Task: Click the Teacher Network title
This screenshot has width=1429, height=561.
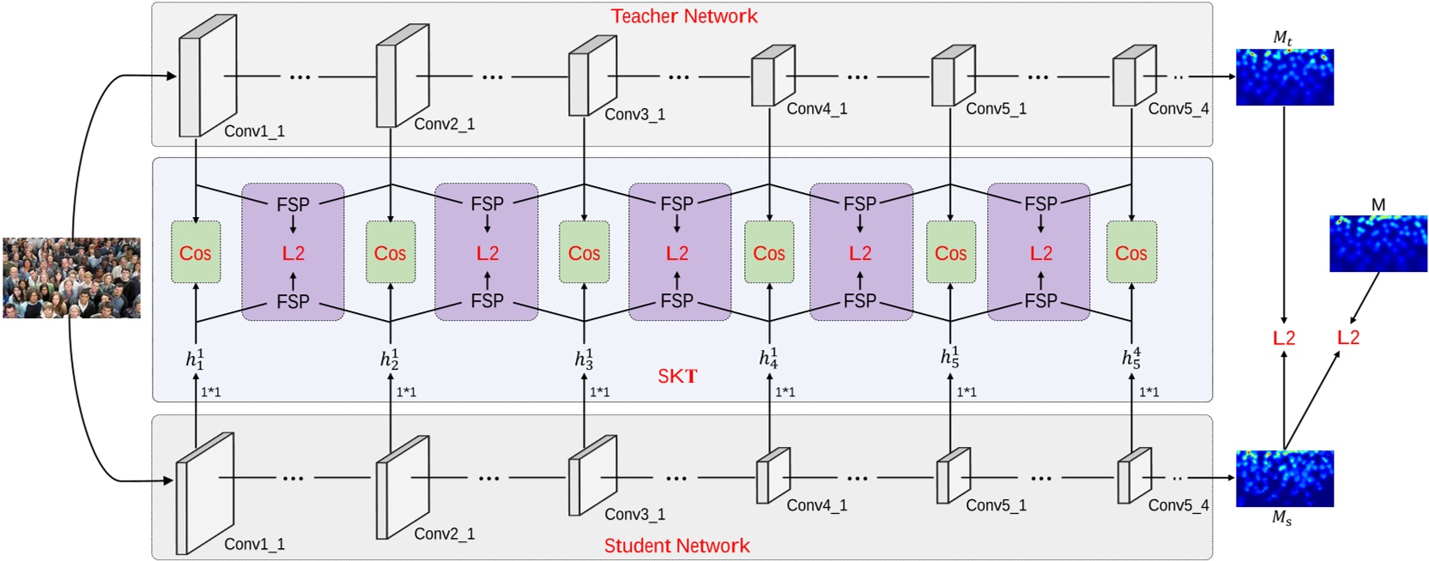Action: tap(684, 16)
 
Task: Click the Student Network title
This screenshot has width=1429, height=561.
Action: tap(676, 546)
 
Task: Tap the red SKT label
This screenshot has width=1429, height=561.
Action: tap(677, 376)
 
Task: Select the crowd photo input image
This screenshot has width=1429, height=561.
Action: tap(71, 278)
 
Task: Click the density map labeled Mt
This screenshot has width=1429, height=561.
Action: tap(1284, 77)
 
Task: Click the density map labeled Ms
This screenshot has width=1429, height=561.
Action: tap(1284, 478)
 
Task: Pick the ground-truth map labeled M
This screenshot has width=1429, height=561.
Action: tap(1378, 244)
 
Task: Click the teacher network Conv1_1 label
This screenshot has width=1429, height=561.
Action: tap(254, 131)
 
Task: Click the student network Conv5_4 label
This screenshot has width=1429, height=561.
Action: tap(1178, 505)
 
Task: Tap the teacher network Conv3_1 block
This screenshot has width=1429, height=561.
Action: tap(591, 75)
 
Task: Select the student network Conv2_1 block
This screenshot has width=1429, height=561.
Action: tap(401, 487)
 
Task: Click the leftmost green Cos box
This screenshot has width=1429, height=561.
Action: tap(196, 253)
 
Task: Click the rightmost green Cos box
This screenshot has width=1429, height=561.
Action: tap(1131, 253)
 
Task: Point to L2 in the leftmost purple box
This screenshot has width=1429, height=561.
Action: tap(293, 254)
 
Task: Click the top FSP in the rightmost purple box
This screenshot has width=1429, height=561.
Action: tap(1040, 204)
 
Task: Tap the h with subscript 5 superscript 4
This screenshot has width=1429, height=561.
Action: tap(1131, 358)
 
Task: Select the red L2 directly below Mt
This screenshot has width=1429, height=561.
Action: tap(1283, 338)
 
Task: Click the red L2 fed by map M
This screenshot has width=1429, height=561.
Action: tap(1347, 337)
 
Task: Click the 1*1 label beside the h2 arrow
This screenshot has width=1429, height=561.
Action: tap(406, 392)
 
